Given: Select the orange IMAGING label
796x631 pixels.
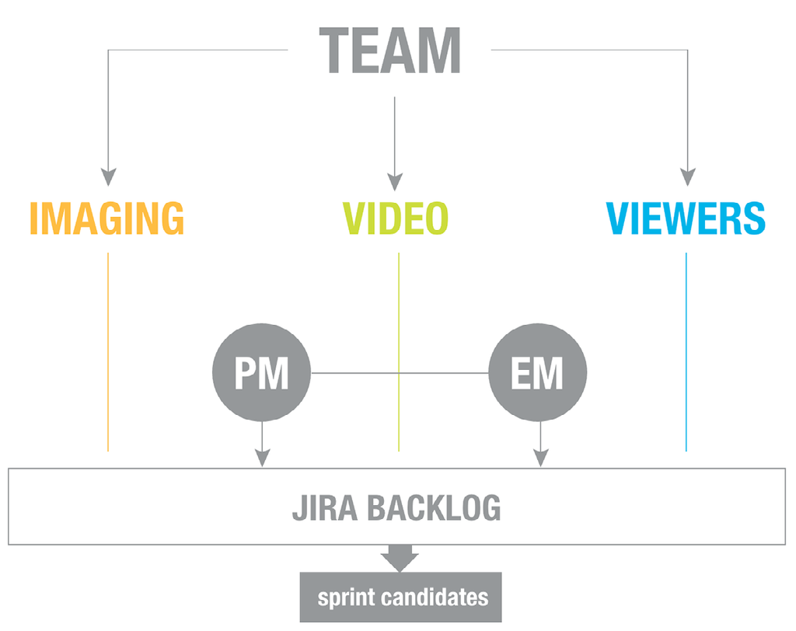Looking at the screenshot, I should tap(107, 218).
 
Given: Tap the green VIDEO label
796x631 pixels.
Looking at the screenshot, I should tap(396, 218).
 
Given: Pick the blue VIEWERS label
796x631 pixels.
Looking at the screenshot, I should tap(686, 218).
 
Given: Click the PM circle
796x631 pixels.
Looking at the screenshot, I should tap(262, 374).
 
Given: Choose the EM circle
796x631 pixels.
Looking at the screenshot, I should tap(538, 374).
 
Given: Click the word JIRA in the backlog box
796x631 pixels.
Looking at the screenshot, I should tap(323, 508).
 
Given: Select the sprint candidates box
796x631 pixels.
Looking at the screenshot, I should tap(401, 598).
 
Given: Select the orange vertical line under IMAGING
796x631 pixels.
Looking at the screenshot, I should tap(108, 350).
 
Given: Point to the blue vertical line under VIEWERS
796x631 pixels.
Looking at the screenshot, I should tap(686, 350).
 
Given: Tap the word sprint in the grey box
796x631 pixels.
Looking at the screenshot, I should tap(348, 598).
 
